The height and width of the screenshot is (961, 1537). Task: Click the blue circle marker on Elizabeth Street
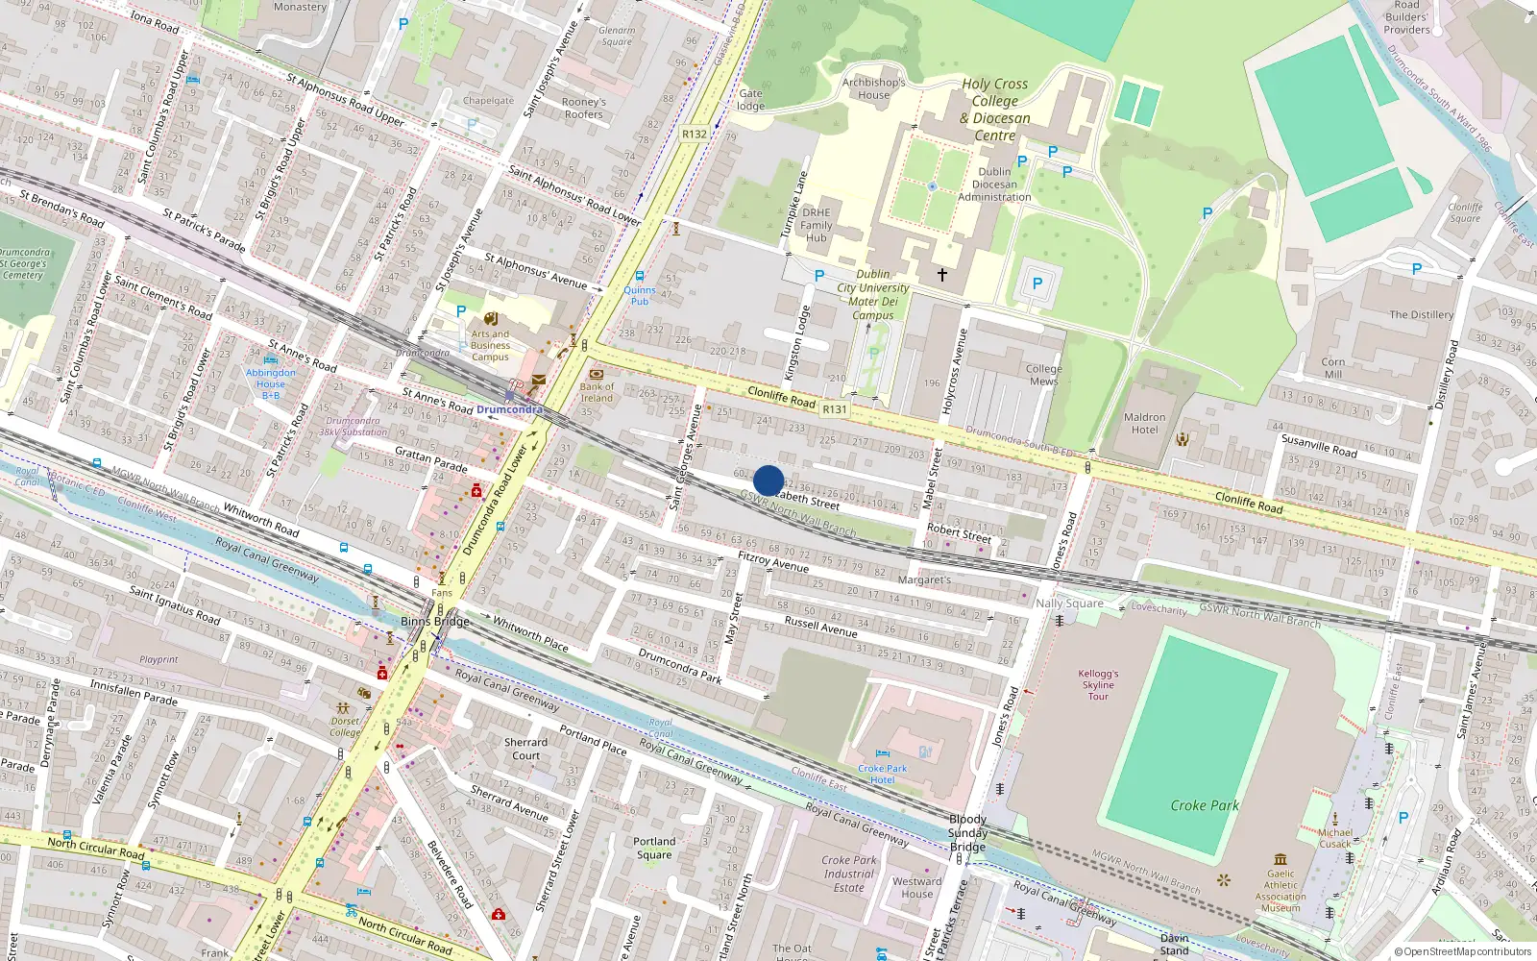(x=768, y=480)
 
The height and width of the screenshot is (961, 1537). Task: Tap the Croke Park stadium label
(x=1205, y=805)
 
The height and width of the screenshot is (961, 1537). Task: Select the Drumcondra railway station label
(x=509, y=409)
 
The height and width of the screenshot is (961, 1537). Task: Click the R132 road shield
(x=694, y=134)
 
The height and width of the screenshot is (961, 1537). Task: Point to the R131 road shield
(x=835, y=408)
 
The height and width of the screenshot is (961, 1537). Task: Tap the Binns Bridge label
(x=435, y=621)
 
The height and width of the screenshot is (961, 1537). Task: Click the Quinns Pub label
(x=640, y=295)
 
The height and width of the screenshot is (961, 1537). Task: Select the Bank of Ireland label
(x=597, y=392)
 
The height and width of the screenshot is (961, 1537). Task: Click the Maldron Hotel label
(x=1144, y=423)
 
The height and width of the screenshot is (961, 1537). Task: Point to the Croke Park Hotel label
(x=883, y=774)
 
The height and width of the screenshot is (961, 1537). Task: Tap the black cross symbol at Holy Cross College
(x=942, y=275)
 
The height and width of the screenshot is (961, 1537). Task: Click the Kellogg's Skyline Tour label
(x=1098, y=684)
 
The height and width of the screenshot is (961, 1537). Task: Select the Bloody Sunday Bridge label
(x=967, y=832)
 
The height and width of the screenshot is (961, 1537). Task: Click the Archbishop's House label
(x=873, y=88)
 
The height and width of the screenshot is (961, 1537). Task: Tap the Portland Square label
(x=654, y=848)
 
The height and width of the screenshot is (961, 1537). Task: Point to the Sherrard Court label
(x=525, y=749)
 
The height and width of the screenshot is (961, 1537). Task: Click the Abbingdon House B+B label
(x=271, y=383)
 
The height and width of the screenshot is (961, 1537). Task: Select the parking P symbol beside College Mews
(x=1037, y=283)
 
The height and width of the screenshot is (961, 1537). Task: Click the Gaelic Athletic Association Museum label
(x=1281, y=890)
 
